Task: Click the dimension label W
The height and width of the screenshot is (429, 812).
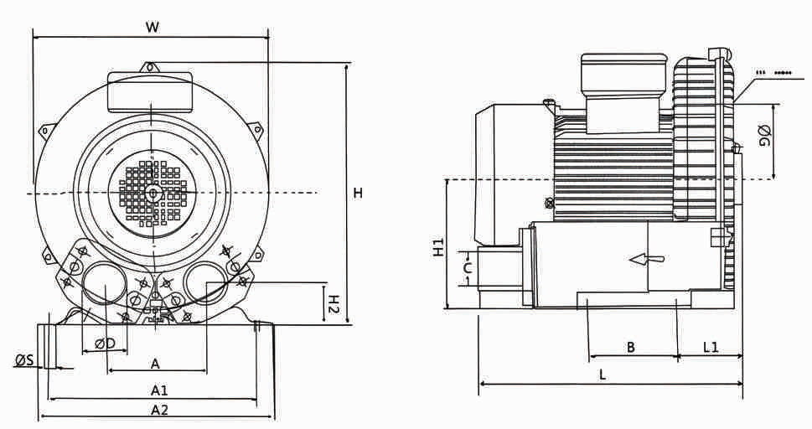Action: coord(152,26)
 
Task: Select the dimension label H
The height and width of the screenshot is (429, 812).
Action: coord(358,194)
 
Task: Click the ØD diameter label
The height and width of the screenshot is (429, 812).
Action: coord(106,344)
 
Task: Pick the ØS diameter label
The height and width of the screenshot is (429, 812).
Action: coord(24,360)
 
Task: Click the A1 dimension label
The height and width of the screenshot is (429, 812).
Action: coord(159,390)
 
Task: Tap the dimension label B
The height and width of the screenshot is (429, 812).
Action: coord(631,347)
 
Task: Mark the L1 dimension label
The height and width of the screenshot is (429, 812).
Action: coord(711,347)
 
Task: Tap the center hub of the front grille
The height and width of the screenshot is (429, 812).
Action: coord(152,193)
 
